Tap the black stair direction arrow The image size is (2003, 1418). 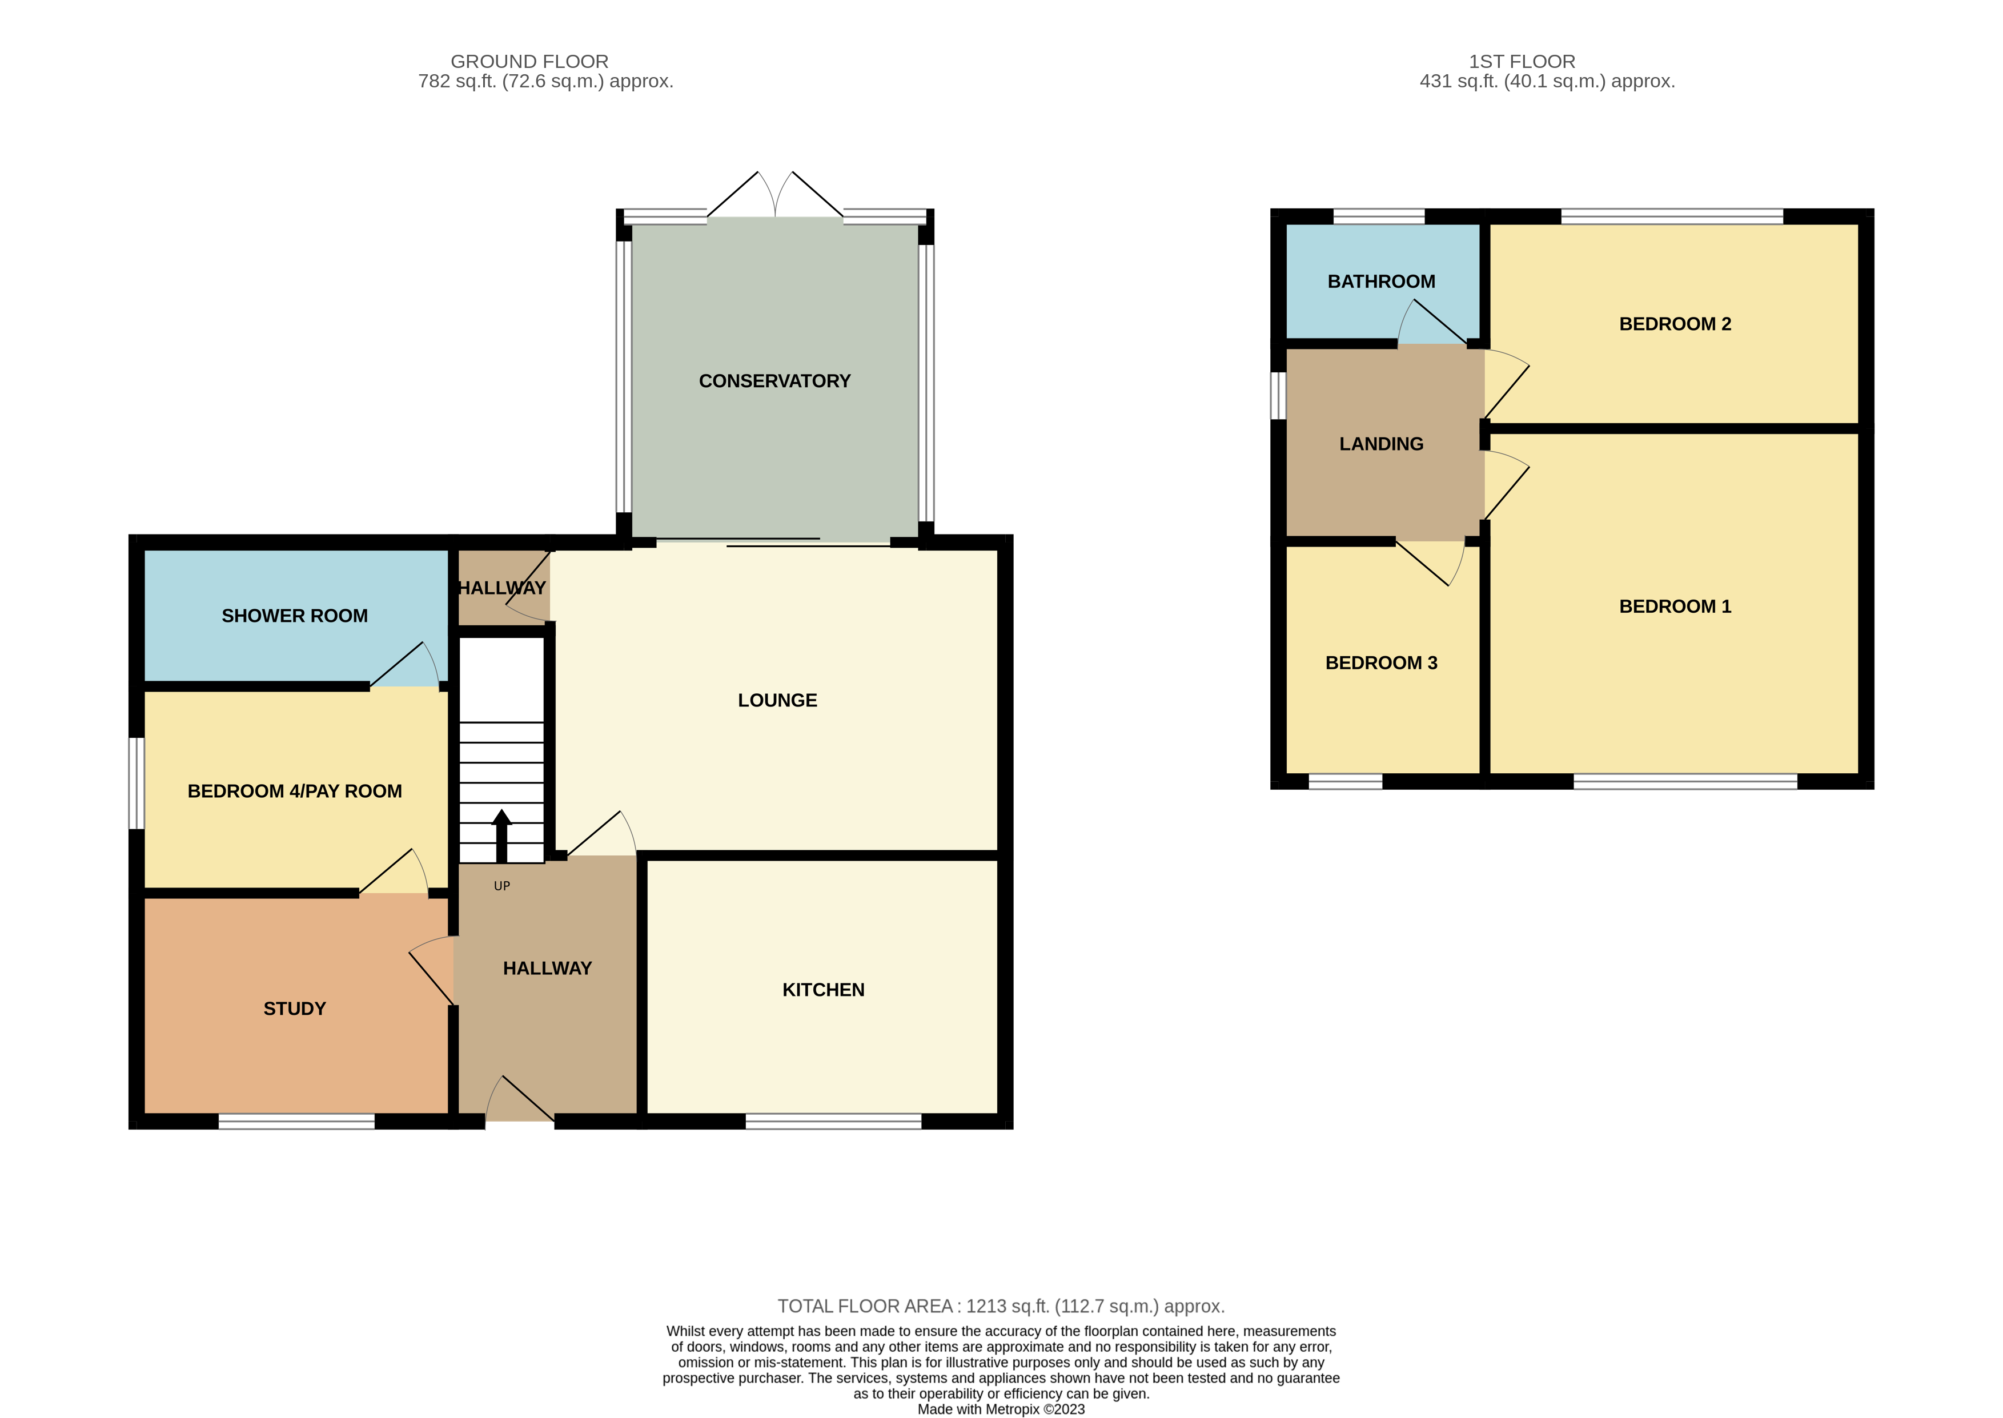501,835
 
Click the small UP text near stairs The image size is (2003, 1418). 501,885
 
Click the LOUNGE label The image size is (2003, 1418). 777,700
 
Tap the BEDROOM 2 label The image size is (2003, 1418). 1674,324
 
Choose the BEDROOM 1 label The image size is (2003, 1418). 1674,606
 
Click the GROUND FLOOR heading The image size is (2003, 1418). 529,61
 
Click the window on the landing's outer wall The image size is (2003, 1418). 1278,396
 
